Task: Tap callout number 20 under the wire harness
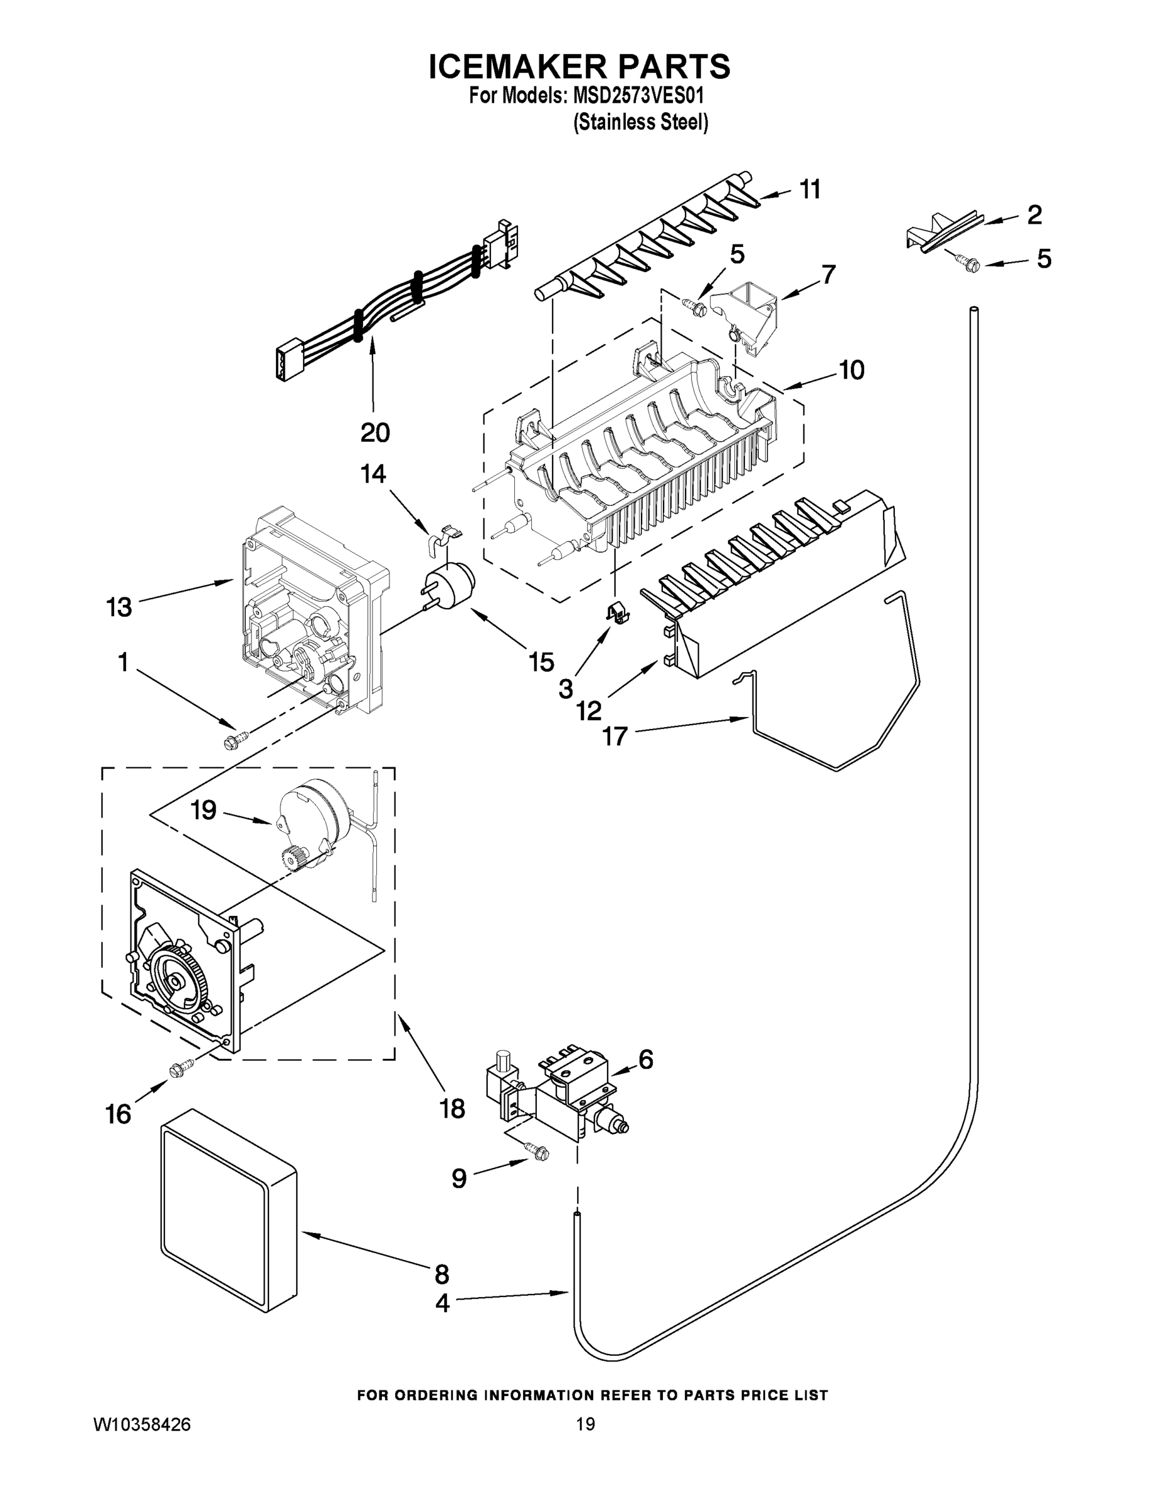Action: tap(375, 433)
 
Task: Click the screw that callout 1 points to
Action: tap(231, 741)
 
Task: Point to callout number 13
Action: tap(119, 608)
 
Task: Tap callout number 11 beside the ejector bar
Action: tap(810, 189)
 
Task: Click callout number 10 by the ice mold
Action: tap(852, 370)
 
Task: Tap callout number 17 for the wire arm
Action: tap(614, 736)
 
